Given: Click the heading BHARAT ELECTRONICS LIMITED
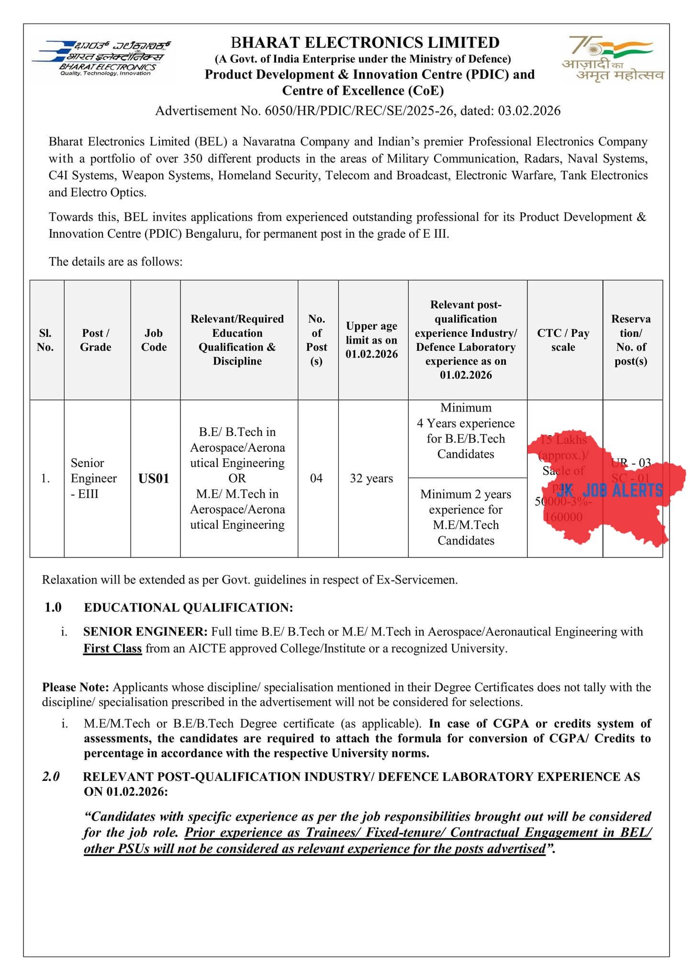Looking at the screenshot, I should coord(365,43).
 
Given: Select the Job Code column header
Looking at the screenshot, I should coord(154,340).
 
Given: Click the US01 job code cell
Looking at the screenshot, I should coord(154,479).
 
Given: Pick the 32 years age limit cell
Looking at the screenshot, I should coord(371,479).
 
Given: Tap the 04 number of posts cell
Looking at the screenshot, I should coord(316,479).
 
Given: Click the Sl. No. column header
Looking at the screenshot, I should coord(45,340).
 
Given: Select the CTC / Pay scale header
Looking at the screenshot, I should coord(563,340).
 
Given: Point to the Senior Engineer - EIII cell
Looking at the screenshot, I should coord(94,479).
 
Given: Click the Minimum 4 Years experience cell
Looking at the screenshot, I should coord(466,431).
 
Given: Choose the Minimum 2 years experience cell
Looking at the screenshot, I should coord(466,517).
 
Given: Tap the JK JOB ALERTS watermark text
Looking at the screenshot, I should coord(610,490).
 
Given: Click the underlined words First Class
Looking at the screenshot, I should coord(112,648).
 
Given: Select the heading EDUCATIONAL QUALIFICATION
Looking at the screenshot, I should coord(188,608).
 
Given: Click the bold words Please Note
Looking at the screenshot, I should coord(76,687).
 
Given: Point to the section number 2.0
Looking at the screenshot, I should coord(51,776).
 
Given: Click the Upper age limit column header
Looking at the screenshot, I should coord(371,340).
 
